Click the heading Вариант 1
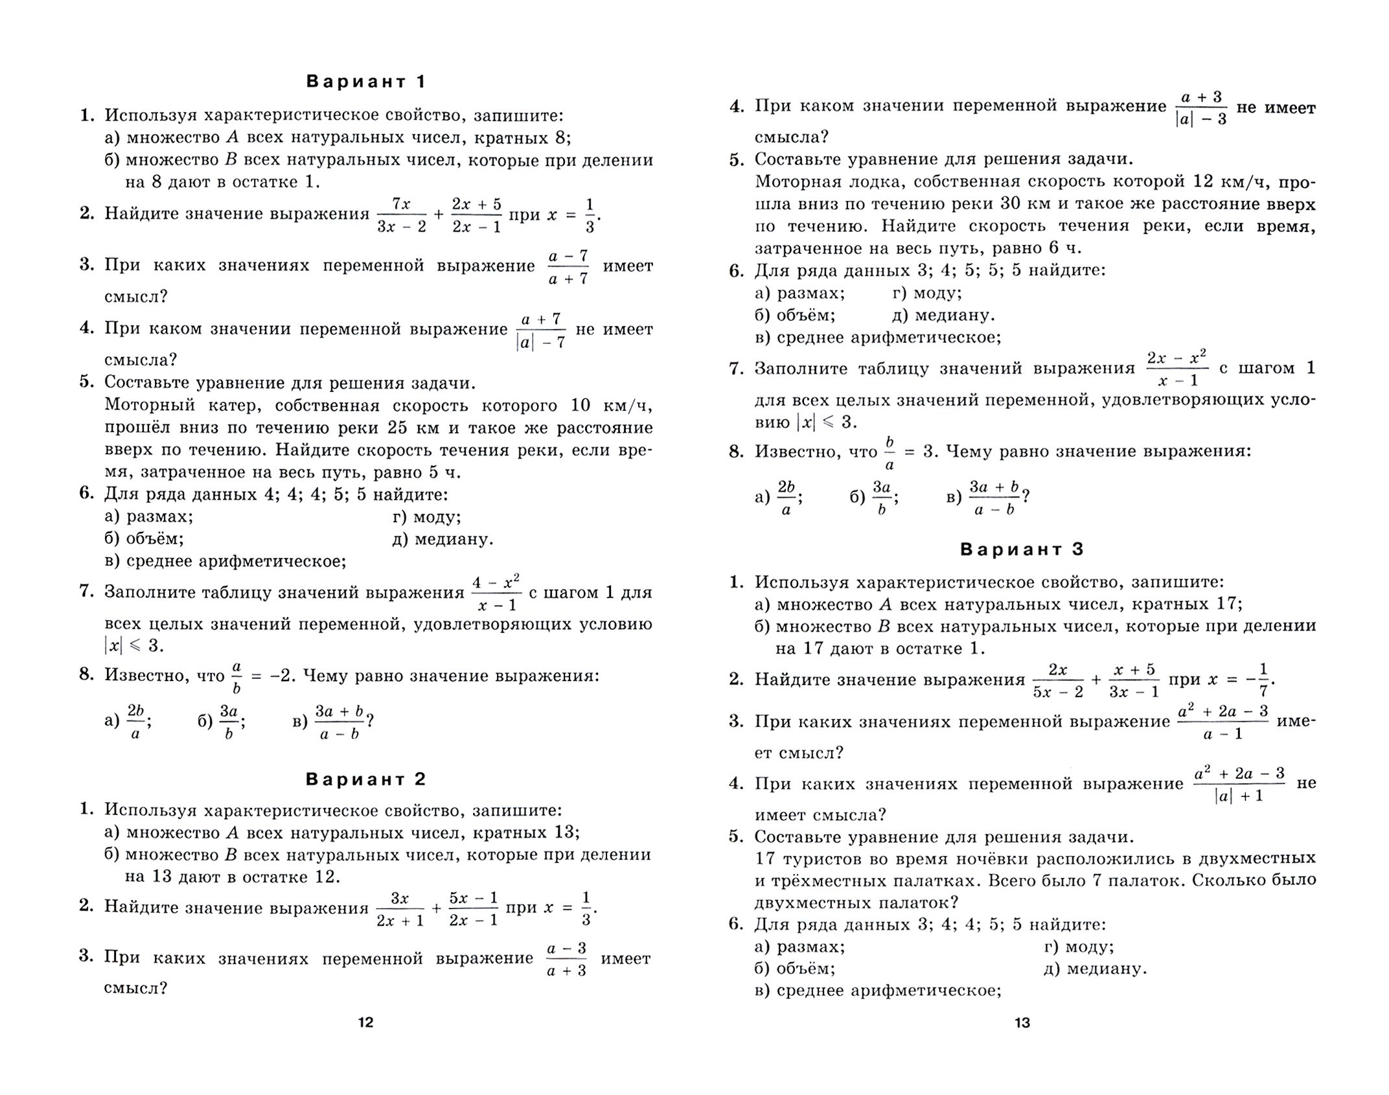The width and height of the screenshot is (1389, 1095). pos(365,82)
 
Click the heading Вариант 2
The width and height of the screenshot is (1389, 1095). pos(365,779)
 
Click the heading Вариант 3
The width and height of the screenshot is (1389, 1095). pos(1022,549)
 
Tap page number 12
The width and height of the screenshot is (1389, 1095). pos(365,1023)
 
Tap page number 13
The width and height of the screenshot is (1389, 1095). pos(1022,1023)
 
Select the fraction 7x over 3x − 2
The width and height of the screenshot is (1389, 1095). pos(402,215)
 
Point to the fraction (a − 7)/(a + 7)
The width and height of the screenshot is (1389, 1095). pos(568,267)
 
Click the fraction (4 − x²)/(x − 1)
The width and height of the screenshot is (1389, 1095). pos(496,593)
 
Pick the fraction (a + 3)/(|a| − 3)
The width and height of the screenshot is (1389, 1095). pos(1200,108)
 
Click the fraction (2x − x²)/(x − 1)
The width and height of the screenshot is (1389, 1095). pos(1176,369)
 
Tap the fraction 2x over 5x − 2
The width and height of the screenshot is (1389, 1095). pos(1057,680)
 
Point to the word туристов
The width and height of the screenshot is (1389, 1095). pos(827,859)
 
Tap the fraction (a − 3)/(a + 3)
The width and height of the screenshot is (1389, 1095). pos(567,959)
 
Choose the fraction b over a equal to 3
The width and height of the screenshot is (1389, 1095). pos(890,453)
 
